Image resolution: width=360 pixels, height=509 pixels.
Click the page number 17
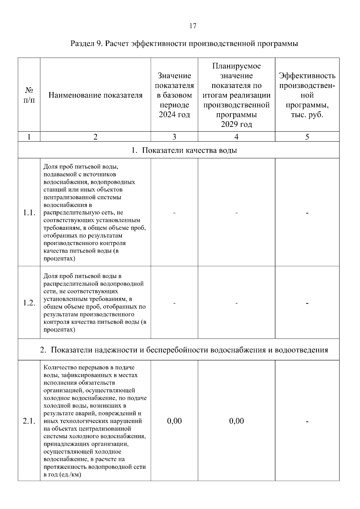click(x=193, y=26)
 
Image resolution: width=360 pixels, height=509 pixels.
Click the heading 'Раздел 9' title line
click(x=184, y=44)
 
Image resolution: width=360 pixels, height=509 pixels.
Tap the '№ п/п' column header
click(x=29, y=95)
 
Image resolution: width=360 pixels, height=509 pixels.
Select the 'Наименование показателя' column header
click(x=95, y=95)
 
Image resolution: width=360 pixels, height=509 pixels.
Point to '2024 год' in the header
click(x=174, y=115)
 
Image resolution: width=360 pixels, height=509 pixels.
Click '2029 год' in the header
click(x=236, y=124)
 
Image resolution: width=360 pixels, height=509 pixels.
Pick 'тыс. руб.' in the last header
click(x=307, y=115)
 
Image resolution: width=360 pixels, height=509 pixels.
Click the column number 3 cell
click(x=174, y=137)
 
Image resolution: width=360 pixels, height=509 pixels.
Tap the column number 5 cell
click(x=307, y=137)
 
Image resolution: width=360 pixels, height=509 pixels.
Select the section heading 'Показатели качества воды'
click(x=189, y=150)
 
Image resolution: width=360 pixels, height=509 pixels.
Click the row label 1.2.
click(x=29, y=303)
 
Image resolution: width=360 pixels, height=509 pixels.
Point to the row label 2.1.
click(x=29, y=421)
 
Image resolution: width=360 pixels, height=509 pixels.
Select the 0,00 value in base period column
click(x=174, y=421)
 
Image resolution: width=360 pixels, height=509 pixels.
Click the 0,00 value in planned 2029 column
click(x=236, y=421)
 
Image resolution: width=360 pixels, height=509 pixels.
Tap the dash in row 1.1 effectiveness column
click(x=307, y=213)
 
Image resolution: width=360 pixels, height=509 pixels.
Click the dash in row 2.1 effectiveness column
click(x=307, y=421)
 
